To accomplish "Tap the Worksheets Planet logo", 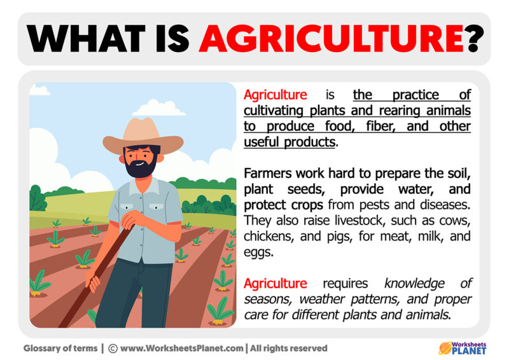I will [x=463, y=348].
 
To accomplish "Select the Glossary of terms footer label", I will [x=60, y=349].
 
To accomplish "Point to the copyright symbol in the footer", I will [x=113, y=349].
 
